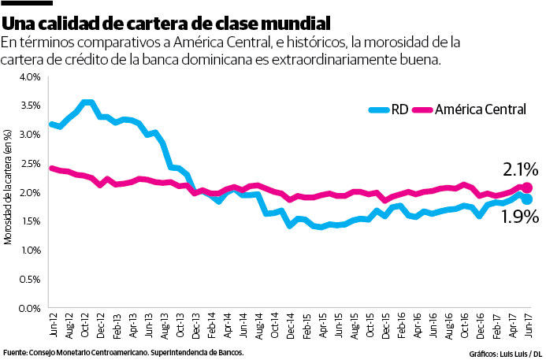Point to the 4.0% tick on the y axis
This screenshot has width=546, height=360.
coord(29,76)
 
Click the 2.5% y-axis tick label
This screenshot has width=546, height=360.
coord(29,163)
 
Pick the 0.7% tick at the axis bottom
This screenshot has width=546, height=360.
coord(29,308)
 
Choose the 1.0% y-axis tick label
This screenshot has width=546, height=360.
coord(29,250)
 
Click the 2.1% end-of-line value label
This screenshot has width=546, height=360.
coord(520,169)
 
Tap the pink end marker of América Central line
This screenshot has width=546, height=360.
coord(527,187)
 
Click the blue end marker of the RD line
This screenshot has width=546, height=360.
coord(526,200)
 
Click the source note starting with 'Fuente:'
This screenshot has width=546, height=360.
coord(124,352)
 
